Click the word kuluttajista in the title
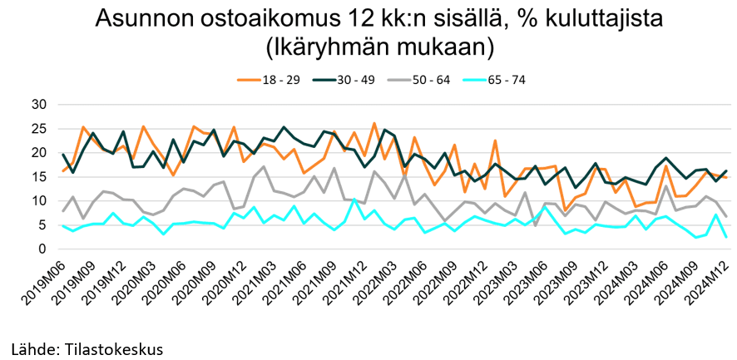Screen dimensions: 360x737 [586, 19]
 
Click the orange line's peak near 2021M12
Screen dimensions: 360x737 [374, 123]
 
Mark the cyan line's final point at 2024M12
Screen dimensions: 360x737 [727, 237]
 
